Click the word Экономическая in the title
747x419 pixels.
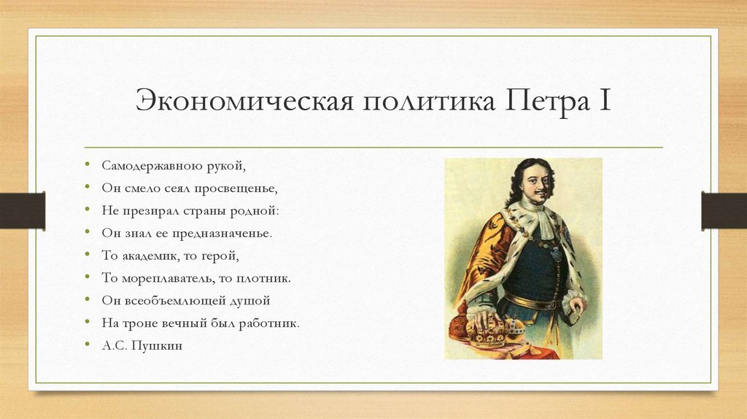click(x=240, y=101)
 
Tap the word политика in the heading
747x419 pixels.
click(x=422, y=101)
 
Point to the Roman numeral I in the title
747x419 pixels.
click(x=605, y=101)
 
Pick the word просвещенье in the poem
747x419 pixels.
click(x=241, y=188)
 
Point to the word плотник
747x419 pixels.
click(x=267, y=278)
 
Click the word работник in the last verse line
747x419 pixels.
click(x=270, y=323)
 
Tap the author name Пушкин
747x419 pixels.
click(x=158, y=345)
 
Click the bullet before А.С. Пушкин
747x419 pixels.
click(x=88, y=345)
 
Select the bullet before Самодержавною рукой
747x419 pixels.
click(x=88, y=166)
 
